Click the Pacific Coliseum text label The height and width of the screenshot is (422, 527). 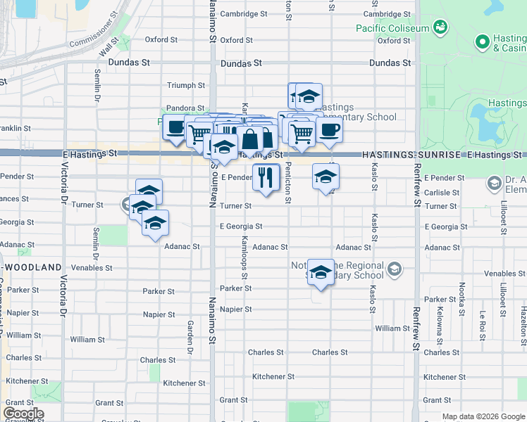pos(392,29)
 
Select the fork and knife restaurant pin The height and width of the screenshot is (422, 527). pos(266,177)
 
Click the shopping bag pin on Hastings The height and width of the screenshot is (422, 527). pos(249,141)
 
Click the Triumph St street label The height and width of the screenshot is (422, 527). pos(185,86)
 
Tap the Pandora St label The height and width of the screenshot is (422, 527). pos(185,108)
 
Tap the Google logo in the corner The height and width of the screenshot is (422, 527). pos(23,414)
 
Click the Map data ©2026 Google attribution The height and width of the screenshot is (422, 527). pos(483,416)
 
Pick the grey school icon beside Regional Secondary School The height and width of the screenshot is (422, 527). pos(394,268)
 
